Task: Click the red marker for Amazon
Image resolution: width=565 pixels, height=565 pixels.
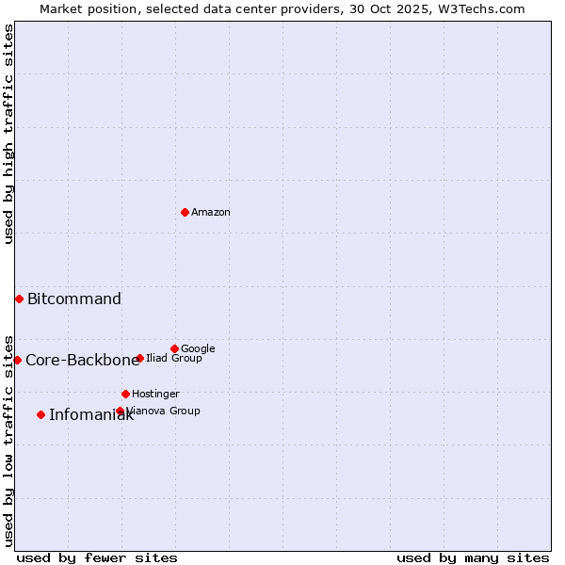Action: tap(185, 212)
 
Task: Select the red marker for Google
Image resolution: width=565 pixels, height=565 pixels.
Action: tap(174, 348)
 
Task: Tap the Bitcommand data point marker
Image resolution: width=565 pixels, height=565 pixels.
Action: tap(19, 299)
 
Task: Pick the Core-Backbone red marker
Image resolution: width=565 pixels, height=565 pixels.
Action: tap(17, 360)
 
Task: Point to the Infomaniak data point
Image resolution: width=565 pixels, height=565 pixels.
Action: tap(40, 414)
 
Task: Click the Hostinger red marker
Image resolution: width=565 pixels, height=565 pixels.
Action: tap(125, 394)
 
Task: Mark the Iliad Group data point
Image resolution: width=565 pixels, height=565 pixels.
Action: tap(139, 358)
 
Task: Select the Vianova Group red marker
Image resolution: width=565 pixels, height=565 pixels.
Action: tap(120, 411)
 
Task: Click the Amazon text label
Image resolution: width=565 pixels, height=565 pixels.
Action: tap(211, 213)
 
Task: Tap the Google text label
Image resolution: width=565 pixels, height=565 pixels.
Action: tap(198, 349)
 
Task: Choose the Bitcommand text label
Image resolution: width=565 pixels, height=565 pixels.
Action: tap(74, 299)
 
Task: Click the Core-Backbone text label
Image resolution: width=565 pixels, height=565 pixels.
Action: tap(82, 361)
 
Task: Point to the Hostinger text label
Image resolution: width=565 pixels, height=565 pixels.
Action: tap(155, 395)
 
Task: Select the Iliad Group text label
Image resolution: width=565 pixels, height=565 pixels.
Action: tap(174, 359)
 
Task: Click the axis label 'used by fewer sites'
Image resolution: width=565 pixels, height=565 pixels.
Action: tap(97, 557)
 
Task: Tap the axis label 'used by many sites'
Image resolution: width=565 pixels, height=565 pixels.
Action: tap(473, 557)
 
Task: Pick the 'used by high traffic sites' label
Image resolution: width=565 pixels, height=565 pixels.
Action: tap(8, 134)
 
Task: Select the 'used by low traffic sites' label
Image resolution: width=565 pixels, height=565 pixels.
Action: tap(8, 440)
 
